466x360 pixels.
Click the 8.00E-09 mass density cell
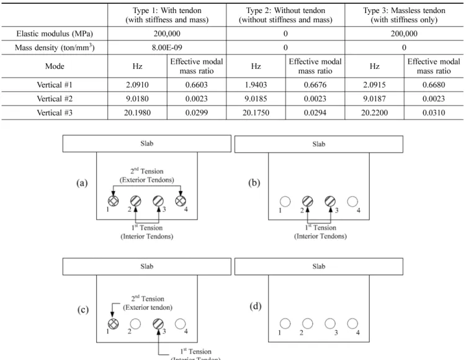(x=167, y=48)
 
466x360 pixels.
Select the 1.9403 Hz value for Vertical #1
(x=256, y=84)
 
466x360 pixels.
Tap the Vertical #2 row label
(x=55, y=99)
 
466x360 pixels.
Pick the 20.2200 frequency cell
(x=374, y=113)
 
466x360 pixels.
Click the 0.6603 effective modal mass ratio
(x=197, y=84)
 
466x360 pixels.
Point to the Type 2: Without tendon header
(x=285, y=11)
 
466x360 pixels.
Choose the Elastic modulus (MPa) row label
(x=55, y=34)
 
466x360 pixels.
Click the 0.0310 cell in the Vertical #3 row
(x=434, y=113)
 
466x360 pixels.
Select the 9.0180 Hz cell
(x=137, y=99)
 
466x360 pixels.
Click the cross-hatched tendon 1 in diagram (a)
(x=113, y=201)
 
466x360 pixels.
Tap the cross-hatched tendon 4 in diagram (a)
(x=181, y=201)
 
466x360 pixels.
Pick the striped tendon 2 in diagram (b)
(x=308, y=202)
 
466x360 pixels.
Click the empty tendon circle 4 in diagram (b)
(x=352, y=202)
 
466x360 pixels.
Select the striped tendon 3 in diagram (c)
(x=158, y=324)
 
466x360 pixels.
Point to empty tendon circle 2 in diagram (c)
(x=135, y=324)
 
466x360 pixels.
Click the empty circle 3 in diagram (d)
(x=330, y=324)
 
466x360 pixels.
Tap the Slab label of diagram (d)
(x=318, y=266)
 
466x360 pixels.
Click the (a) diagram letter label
(x=82, y=183)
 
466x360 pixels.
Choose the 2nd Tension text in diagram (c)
(x=148, y=299)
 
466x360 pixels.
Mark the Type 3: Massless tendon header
(x=404, y=11)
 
